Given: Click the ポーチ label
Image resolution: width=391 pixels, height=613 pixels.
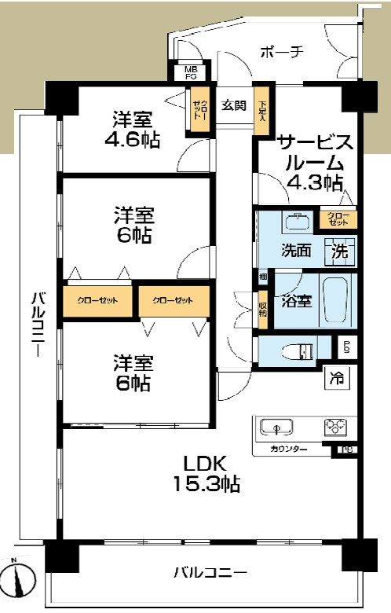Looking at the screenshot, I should tap(281, 53).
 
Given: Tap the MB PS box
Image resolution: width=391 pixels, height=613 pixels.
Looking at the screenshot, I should tap(191, 73).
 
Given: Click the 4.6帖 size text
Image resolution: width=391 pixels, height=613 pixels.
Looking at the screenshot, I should tap(132, 140).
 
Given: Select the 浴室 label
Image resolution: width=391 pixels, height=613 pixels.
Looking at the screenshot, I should tap(299, 300).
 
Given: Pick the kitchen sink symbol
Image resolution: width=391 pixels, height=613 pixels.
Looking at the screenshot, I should tap(276, 427).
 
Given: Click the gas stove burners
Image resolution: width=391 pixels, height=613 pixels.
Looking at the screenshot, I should tap(334, 427).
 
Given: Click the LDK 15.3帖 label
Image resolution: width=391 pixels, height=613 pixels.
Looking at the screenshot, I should tap(206, 471).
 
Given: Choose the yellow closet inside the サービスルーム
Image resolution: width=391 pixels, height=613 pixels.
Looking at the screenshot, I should tap(338, 219).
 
